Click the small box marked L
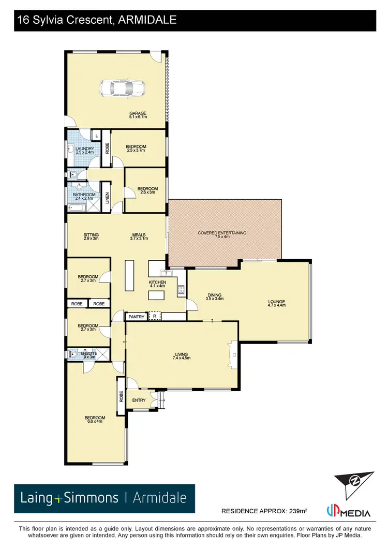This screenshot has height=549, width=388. [96, 136]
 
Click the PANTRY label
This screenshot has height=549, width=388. [137, 316]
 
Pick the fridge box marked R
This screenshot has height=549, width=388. [154, 316]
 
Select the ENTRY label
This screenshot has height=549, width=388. [139, 400]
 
